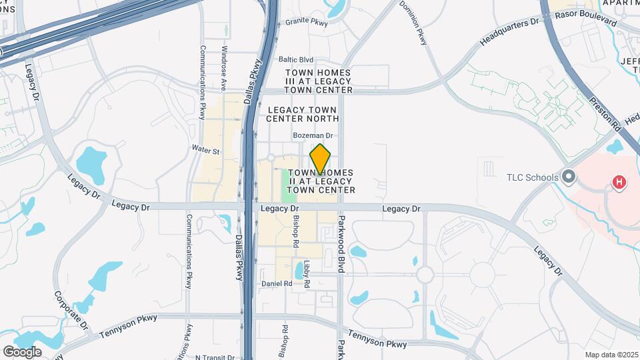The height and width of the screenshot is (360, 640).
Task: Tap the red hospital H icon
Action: [x=619, y=181]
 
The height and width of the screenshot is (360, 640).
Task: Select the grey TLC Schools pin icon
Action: [x=568, y=177]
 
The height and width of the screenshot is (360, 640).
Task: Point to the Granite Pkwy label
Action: [x=307, y=21]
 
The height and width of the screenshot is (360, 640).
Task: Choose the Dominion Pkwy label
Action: [x=413, y=23]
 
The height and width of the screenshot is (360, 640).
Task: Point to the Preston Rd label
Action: [x=605, y=114]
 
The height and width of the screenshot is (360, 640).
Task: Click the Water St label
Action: [x=205, y=151]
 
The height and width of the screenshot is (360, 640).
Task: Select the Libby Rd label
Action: [x=307, y=274]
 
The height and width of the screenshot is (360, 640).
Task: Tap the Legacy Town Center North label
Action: [x=303, y=114]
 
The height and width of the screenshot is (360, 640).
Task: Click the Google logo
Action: [x=22, y=351]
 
